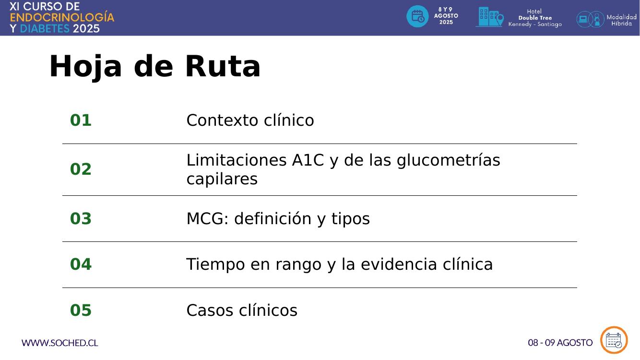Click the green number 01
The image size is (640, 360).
click(x=81, y=120)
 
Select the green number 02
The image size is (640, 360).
click(x=81, y=169)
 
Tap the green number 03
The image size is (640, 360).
click(x=81, y=218)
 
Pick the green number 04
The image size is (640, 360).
click(x=81, y=264)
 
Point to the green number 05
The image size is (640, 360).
click(x=81, y=310)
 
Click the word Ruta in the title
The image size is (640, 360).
click(x=223, y=66)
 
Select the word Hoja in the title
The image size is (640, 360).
click(x=85, y=67)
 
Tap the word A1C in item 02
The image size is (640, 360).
click(x=308, y=160)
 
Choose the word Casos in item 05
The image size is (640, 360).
click(x=210, y=311)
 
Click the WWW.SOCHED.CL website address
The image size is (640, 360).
click(x=59, y=343)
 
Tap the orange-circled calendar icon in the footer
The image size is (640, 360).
click(x=614, y=340)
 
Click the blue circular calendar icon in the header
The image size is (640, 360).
click(x=417, y=16)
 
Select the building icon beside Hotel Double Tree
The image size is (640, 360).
click(x=489, y=17)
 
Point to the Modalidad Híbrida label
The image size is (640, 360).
click(x=621, y=20)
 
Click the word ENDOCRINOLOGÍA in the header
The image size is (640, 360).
click(x=62, y=17)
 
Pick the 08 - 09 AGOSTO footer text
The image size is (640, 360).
click(x=560, y=343)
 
